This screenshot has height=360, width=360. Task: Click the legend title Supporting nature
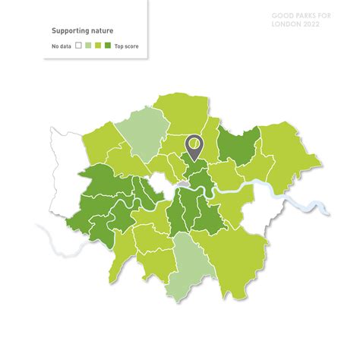[82, 31]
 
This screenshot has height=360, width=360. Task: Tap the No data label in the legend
[62, 47]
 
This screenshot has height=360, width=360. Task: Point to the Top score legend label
[126, 47]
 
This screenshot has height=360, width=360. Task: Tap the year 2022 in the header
[311, 24]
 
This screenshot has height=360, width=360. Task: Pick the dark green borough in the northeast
[238, 144]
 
